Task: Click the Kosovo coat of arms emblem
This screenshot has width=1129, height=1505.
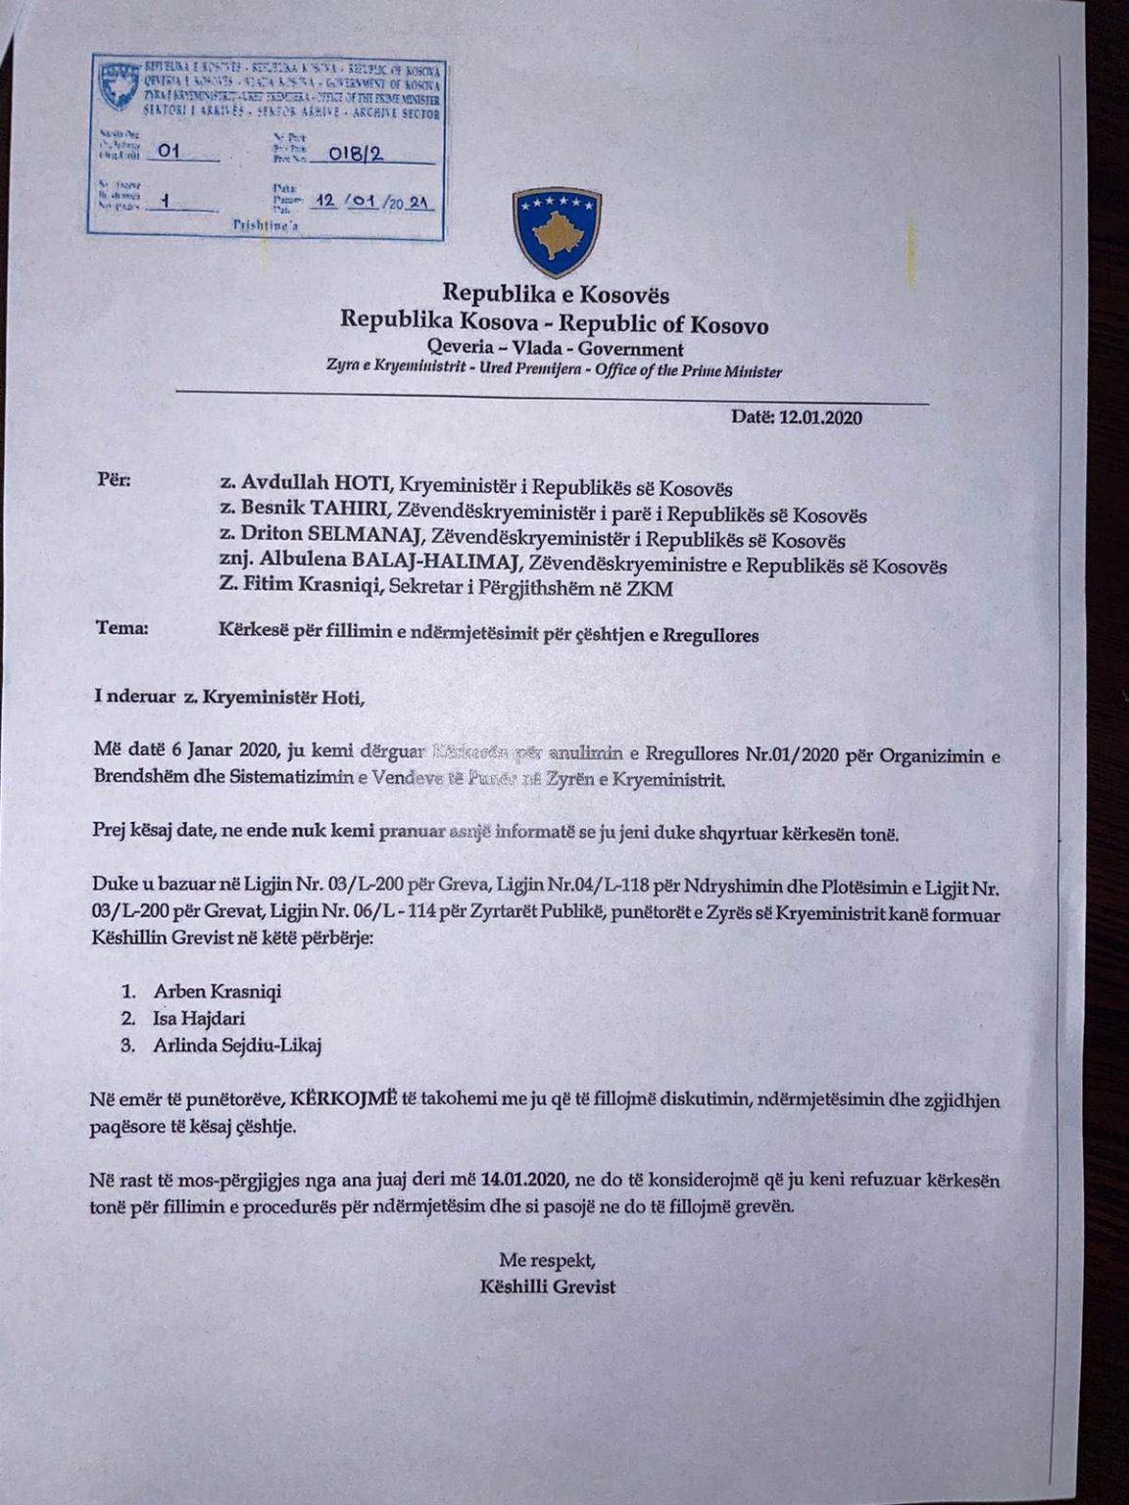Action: tap(557, 232)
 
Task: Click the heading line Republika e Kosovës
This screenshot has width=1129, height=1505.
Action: tap(555, 293)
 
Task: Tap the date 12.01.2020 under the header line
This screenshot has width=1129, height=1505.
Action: tap(820, 417)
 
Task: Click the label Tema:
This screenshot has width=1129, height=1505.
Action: tap(123, 628)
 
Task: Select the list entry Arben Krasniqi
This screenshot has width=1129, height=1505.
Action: tap(217, 992)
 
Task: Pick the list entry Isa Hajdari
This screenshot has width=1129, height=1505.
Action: tap(199, 1018)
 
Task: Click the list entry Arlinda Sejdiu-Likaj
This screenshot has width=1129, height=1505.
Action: tap(236, 1044)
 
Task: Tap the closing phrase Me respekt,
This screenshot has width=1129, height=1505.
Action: tap(547, 1259)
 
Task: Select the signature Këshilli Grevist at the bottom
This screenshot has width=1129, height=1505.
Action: tap(548, 1287)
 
